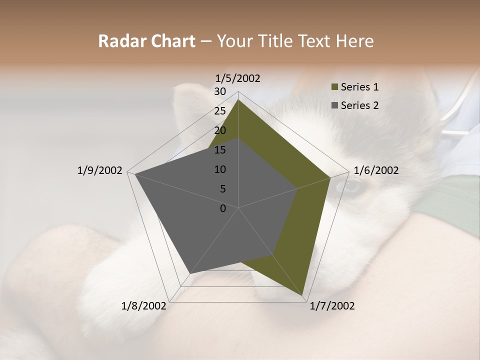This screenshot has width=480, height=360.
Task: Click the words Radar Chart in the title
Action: pos(146,41)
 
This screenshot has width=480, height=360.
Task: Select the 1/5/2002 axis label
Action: pos(238,78)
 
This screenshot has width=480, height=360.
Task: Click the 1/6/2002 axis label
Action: pos(376,170)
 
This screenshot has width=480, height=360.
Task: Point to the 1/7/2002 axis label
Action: pos(332,305)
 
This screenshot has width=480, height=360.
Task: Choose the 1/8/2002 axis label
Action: pos(144,305)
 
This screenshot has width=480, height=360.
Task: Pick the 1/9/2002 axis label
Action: pos(99,170)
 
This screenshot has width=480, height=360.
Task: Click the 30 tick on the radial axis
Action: pos(220,91)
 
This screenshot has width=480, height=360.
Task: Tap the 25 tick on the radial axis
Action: pos(220,111)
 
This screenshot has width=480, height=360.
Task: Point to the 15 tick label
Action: pos(220,150)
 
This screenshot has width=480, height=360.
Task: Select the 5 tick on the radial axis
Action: pos(223,189)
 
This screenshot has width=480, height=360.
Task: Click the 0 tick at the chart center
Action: pos(223,208)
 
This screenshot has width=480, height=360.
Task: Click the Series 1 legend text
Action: pos(359,87)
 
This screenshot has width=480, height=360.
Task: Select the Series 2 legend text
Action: pos(359,105)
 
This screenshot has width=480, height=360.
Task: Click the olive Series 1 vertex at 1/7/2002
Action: pos(303,295)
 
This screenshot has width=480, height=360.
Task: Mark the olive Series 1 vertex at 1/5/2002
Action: pos(238,99)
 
